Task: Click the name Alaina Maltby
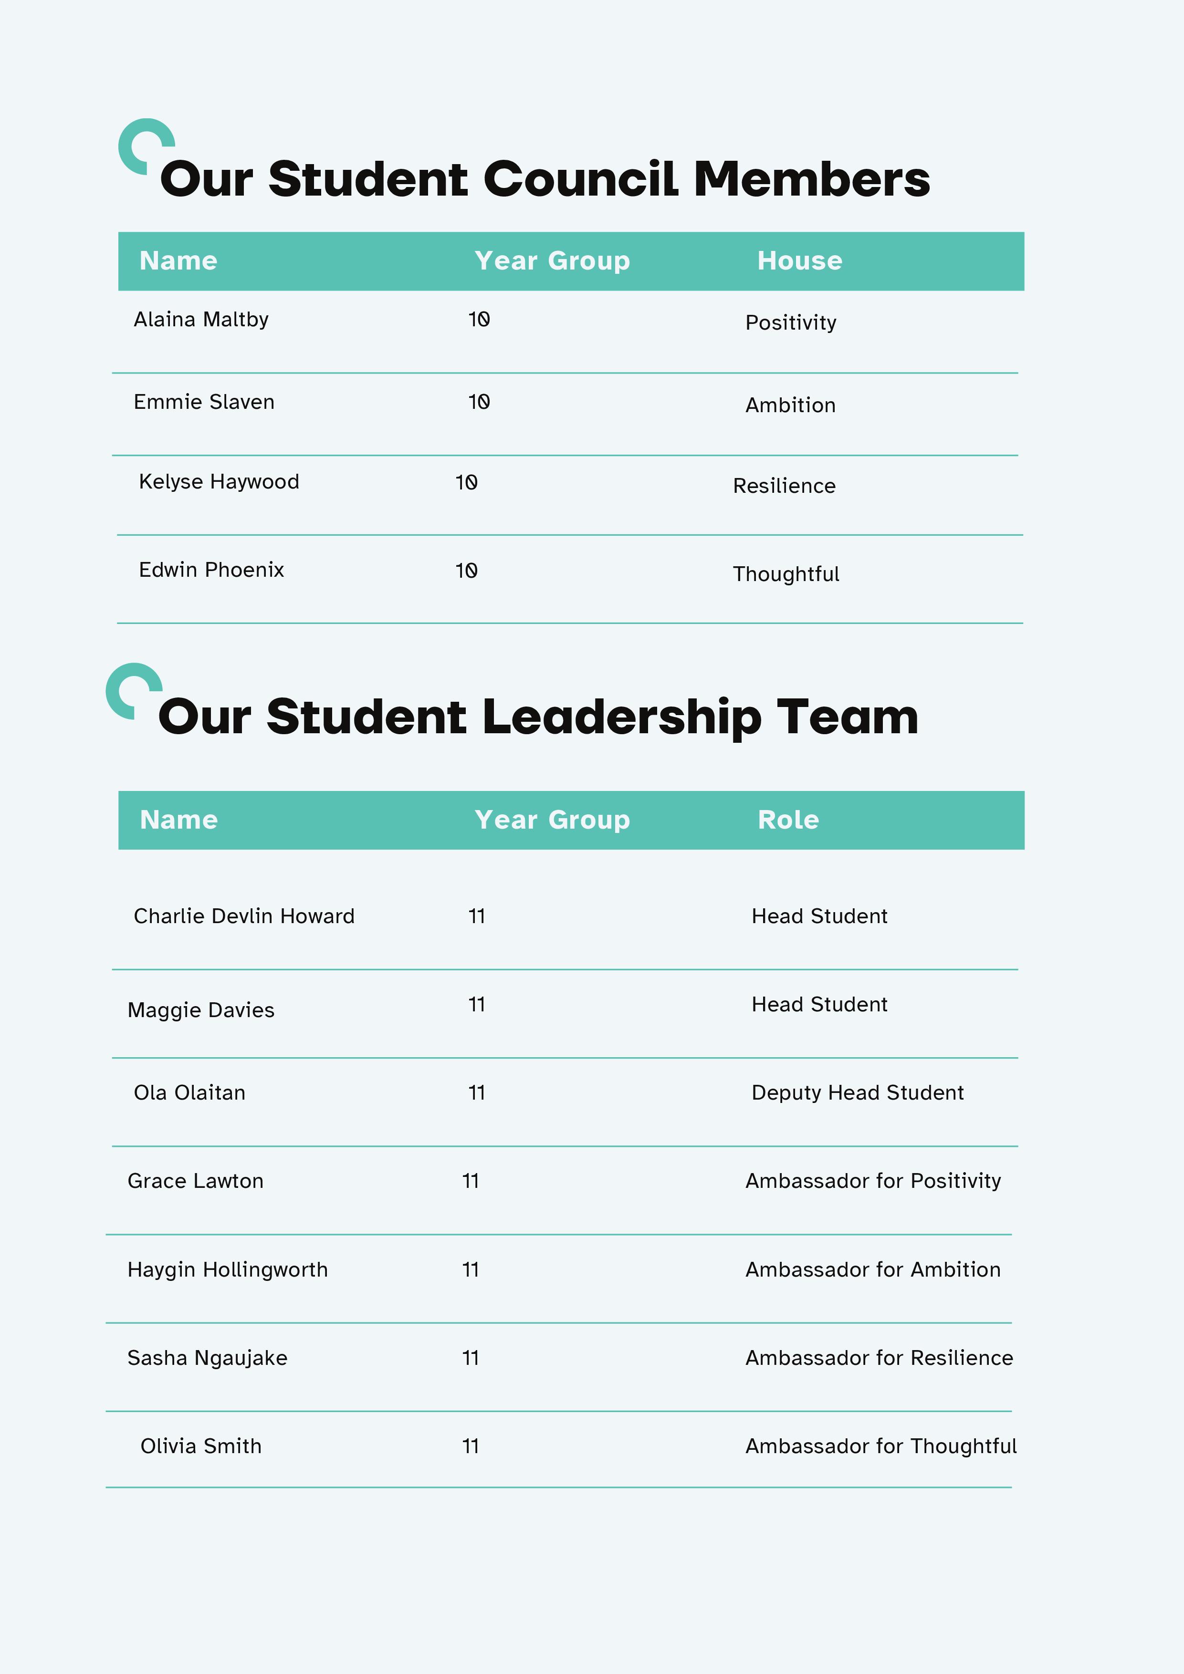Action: (x=200, y=319)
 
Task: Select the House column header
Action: (x=799, y=261)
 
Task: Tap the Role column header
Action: (x=788, y=820)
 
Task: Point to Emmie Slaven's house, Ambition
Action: (x=790, y=406)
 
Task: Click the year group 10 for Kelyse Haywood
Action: (x=466, y=483)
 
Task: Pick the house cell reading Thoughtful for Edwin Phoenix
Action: (x=786, y=574)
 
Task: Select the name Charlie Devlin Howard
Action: (x=244, y=916)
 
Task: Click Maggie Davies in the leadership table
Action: (x=200, y=1010)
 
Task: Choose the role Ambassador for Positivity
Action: (x=872, y=1181)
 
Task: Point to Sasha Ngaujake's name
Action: (x=207, y=1358)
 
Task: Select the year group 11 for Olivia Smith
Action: (x=471, y=1446)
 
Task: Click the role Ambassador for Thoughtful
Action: (x=880, y=1446)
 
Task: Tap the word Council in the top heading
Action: (x=581, y=179)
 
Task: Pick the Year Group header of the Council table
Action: (x=552, y=261)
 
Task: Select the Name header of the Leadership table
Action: (x=179, y=820)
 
